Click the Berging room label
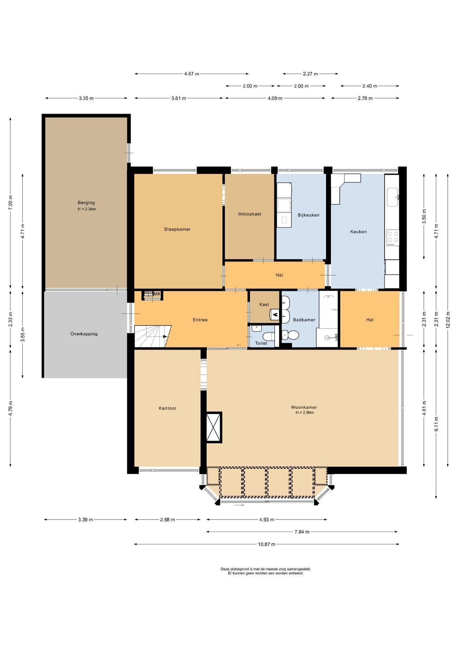click(86, 203)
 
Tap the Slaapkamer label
click(177, 229)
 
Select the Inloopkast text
click(250, 214)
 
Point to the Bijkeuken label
click(308, 215)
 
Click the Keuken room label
click(358, 232)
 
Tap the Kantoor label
click(168, 408)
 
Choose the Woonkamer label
click(304, 407)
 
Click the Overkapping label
click(84, 334)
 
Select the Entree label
click(200, 320)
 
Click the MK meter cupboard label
click(157, 294)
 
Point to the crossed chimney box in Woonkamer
click(214, 427)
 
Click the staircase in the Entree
click(152, 336)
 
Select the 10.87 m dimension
click(266, 544)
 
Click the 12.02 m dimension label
click(448, 320)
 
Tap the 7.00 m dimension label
click(10, 203)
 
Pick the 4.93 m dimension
click(266, 519)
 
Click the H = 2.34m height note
click(87, 209)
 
